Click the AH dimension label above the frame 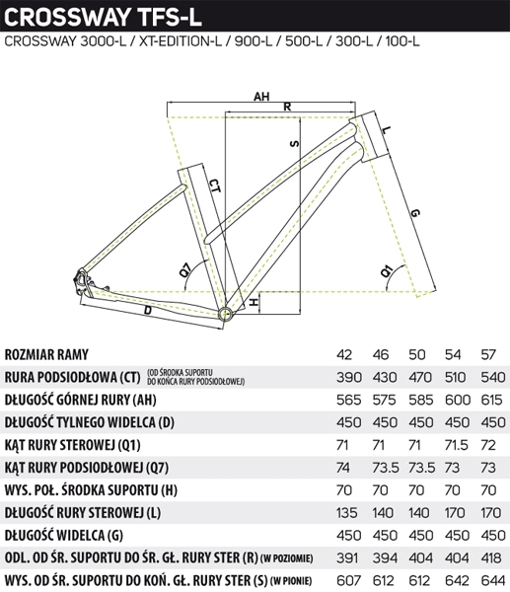[261, 97]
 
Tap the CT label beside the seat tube [214, 186]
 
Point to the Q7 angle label [186, 269]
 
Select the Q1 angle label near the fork [387, 271]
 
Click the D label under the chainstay [148, 311]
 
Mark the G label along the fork [414, 213]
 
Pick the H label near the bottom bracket [255, 303]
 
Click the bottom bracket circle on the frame [225, 314]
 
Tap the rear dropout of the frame [81, 281]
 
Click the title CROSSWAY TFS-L [103, 17]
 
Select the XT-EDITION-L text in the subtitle [181, 41]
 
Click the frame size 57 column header [488, 355]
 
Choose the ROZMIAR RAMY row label [46, 355]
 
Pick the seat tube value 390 [349, 377]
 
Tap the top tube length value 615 [491, 400]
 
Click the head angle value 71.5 [457, 445]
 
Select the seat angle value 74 [342, 468]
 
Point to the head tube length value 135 [346, 513]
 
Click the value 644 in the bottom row [493, 580]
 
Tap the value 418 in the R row [491, 558]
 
